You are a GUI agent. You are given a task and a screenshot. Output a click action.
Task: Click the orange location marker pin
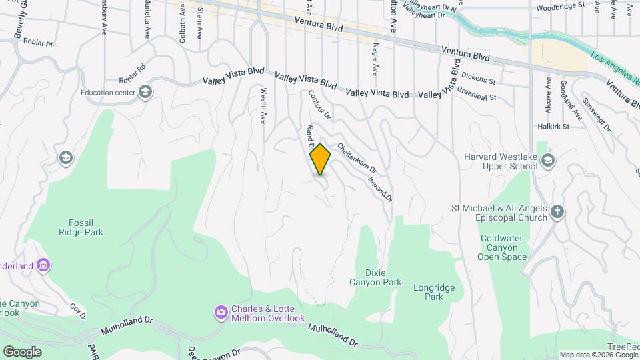pos(321,159)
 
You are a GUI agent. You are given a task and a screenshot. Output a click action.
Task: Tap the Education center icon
pos(145,92)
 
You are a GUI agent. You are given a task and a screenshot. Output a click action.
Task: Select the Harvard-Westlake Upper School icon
pos(547,160)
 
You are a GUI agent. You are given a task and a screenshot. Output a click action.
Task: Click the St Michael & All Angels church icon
pos(557,212)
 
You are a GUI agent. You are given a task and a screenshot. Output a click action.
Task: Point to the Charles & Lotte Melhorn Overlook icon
pos(221,311)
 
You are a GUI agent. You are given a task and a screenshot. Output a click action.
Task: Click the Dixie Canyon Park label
pos(375,277)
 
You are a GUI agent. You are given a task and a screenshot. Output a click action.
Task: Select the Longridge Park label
pos(429,292)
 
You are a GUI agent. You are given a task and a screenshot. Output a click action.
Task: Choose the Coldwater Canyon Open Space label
pos(503,247)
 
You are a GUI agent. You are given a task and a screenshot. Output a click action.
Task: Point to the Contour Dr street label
pos(316,105)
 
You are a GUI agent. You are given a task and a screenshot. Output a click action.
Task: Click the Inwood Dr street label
pos(379,186)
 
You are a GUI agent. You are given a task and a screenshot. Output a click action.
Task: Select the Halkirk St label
pos(553,126)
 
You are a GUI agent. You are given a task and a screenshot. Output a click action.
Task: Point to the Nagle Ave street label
pos(375,59)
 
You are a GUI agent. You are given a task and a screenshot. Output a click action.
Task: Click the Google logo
pos(22,351)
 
